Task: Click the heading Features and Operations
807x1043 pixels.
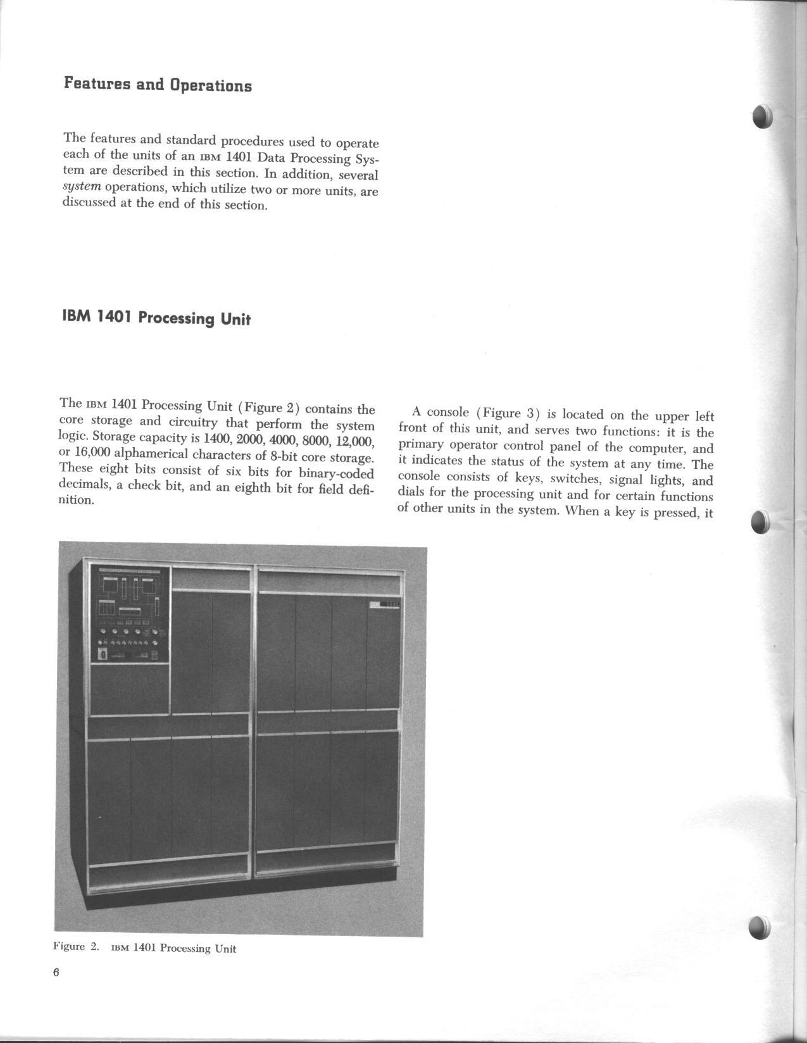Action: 158,85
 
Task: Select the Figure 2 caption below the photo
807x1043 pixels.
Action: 145,947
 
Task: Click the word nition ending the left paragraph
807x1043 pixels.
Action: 76,500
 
